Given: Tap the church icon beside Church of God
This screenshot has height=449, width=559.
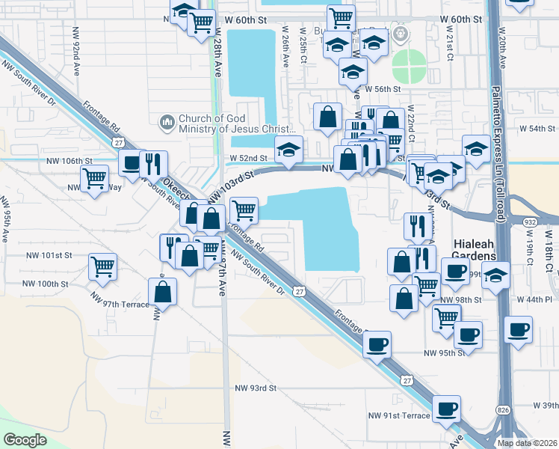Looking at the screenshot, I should tap(166, 120).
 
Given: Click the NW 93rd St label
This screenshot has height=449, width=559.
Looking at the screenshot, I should tap(256, 388).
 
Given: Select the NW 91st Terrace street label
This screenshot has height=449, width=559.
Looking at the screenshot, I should tap(399, 415).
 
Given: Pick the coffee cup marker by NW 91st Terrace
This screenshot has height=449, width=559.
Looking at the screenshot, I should tap(446, 409).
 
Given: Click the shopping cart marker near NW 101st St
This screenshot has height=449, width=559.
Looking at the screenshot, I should tap(102, 266).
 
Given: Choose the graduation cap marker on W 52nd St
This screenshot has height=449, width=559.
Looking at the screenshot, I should tap(288, 149).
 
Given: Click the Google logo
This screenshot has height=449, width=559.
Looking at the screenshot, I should tap(25, 440).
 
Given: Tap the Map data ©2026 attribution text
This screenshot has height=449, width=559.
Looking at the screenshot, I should tap(527, 443).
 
